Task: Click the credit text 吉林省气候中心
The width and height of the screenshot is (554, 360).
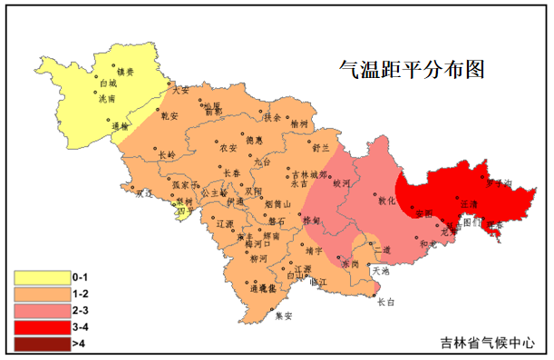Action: pos(483,344)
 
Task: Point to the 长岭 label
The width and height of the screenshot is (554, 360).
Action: pos(167,155)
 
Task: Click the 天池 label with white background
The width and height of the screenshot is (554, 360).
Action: pos(381,270)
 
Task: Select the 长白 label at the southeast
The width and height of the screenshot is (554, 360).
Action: pos(386,302)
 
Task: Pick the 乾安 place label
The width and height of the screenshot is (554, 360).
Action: pos(170,115)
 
